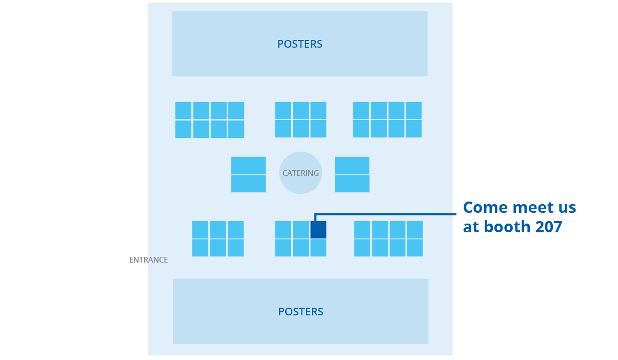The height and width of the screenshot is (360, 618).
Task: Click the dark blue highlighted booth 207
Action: [x=318, y=230]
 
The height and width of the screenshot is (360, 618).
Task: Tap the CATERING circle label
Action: [x=301, y=173]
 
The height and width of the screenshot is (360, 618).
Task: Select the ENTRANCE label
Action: [x=148, y=260]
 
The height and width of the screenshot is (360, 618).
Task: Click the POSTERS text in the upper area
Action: [x=300, y=44]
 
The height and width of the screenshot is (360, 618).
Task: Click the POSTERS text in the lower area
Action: [x=301, y=312]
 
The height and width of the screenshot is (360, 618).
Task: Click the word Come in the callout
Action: [x=485, y=208]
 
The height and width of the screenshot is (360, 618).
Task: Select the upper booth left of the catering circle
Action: [x=248, y=166]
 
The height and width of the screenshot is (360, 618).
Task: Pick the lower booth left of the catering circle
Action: [x=248, y=184]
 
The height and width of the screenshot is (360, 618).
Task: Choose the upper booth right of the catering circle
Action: [x=352, y=166]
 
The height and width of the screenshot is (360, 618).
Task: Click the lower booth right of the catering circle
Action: [x=352, y=184]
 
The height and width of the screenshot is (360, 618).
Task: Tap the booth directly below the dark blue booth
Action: [x=318, y=248]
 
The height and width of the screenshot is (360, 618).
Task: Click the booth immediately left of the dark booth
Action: [x=301, y=230]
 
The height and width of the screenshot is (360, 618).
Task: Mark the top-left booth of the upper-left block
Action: [x=183, y=111]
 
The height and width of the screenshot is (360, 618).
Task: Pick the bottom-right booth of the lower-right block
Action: [x=415, y=248]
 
